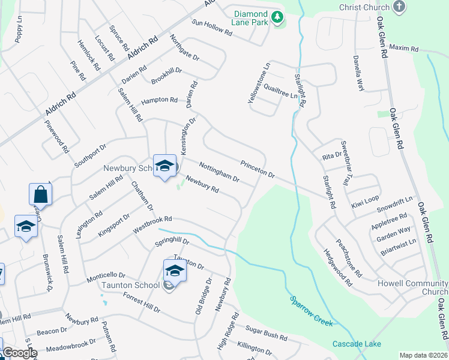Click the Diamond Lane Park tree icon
point(277,18)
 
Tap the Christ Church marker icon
point(399,7)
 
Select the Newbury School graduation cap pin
point(164,166)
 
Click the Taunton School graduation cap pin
point(175,270)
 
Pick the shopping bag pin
point(40,194)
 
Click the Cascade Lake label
point(356,344)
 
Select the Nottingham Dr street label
point(219,171)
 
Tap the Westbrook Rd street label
point(152,224)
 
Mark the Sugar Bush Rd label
point(267,334)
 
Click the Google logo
point(20,353)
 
